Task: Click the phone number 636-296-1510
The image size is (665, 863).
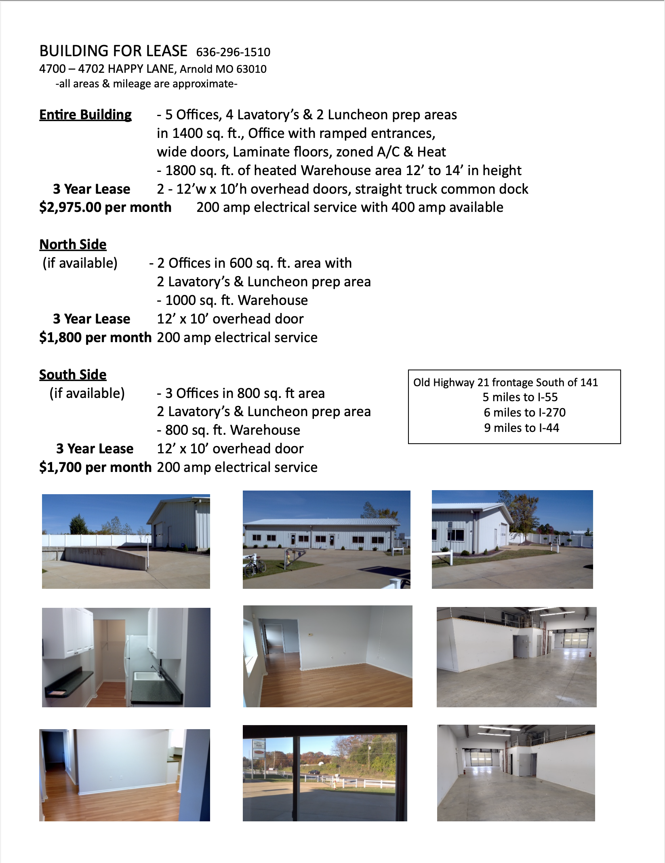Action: pos(233,52)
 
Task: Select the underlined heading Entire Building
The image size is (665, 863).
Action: pos(85,115)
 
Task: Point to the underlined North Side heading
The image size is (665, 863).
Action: pos(73,245)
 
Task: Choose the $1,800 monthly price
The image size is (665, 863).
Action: pos(60,338)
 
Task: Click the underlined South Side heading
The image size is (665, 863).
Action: pos(73,375)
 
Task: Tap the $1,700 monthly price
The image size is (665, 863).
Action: pos(60,467)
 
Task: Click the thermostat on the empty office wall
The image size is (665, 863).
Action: pos(310,635)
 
